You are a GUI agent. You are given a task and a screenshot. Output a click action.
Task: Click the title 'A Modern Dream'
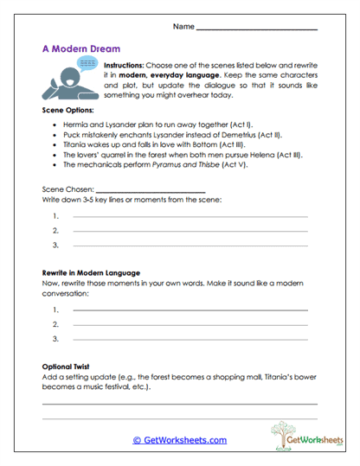pyautogui.click(x=81, y=49)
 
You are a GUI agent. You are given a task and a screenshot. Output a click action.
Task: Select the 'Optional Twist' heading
pyautogui.click(x=67, y=367)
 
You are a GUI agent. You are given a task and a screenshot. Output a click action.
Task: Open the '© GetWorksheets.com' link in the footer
pyautogui.click(x=179, y=440)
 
